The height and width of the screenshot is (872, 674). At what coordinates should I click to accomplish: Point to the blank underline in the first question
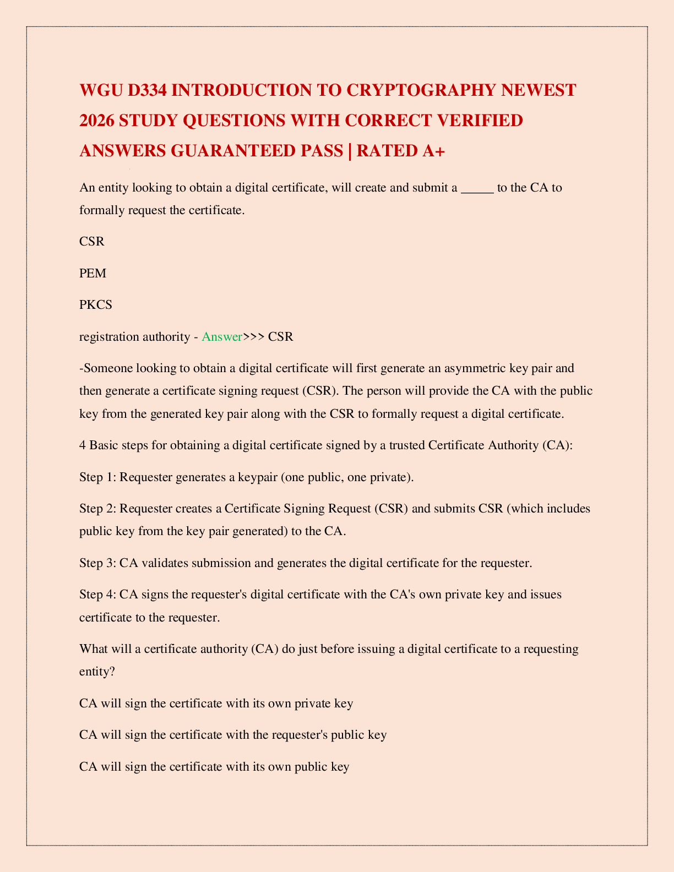pyautogui.click(x=477, y=188)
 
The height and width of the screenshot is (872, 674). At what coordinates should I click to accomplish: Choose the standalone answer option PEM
pyautogui.click(x=93, y=273)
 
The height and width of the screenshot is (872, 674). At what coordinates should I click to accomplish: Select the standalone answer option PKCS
pyautogui.click(x=96, y=304)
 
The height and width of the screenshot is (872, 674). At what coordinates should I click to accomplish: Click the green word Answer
pyautogui.click(x=222, y=336)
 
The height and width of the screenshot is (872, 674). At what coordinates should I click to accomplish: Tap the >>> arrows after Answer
pyautogui.click(x=254, y=336)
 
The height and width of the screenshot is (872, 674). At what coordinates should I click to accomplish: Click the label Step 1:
pyautogui.click(x=98, y=477)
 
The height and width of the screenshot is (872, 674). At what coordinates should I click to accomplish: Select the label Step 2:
pyautogui.click(x=98, y=508)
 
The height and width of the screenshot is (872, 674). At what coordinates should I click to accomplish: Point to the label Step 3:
pyautogui.click(x=98, y=563)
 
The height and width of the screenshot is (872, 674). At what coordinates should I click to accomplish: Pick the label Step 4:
pyautogui.click(x=98, y=595)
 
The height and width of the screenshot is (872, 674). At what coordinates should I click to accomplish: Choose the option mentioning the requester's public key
pyautogui.click(x=233, y=734)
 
